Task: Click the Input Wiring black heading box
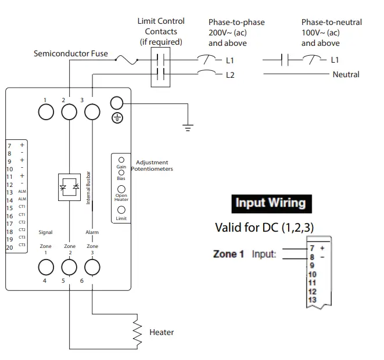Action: pyautogui.click(x=270, y=203)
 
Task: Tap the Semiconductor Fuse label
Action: pyautogui.click(x=70, y=53)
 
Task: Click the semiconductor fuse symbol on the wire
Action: pyautogui.click(x=125, y=59)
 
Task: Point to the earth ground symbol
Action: pyautogui.click(x=188, y=127)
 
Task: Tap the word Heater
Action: pyautogui.click(x=162, y=333)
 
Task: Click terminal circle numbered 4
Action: pyautogui.click(x=45, y=267)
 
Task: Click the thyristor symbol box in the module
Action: pyautogui.click(x=69, y=187)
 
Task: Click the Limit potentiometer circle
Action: pyautogui.click(x=121, y=210)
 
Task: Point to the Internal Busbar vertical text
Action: pyautogui.click(x=88, y=187)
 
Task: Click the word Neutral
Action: pyautogui.click(x=346, y=74)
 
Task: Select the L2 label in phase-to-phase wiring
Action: pyautogui.click(x=229, y=75)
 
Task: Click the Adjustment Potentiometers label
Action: pyautogui.click(x=152, y=166)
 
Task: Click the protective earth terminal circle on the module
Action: pyautogui.click(x=117, y=103)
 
